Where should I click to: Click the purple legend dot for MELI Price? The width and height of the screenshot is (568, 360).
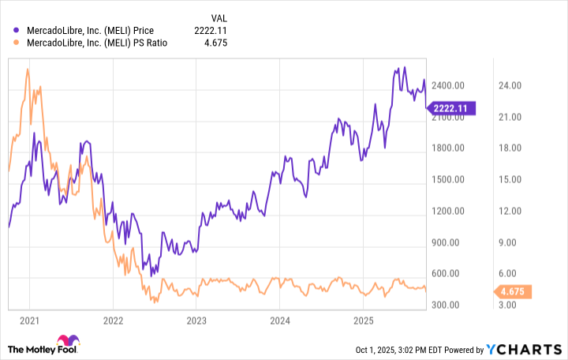[17, 31]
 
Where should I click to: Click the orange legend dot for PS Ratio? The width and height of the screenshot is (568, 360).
[17, 45]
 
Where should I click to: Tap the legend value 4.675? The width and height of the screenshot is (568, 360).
[222, 45]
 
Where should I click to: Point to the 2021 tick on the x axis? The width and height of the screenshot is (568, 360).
[29, 321]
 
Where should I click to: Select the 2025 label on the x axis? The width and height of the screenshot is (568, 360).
[362, 321]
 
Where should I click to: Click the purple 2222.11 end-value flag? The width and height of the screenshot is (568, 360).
[452, 108]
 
